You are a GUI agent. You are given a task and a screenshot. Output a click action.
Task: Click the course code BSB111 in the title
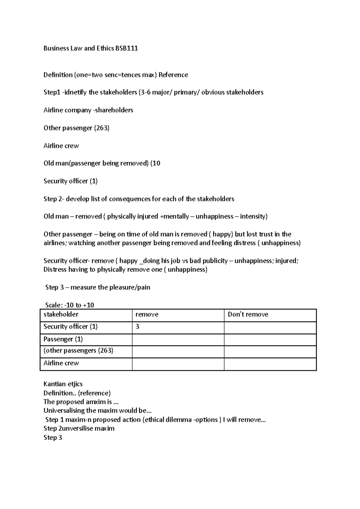(x=126, y=48)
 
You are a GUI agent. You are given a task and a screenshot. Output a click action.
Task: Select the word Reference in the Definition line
(x=173, y=75)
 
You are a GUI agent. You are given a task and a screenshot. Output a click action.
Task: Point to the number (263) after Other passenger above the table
(x=102, y=128)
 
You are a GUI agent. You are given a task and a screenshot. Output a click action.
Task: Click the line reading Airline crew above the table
(x=61, y=146)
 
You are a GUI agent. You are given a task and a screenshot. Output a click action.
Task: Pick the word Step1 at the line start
(x=52, y=92)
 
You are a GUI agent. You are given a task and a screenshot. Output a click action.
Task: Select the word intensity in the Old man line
(x=253, y=216)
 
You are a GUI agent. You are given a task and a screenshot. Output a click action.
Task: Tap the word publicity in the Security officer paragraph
(x=215, y=261)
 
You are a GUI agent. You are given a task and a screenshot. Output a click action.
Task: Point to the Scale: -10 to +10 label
(x=70, y=305)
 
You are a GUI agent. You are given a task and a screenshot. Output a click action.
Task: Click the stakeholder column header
(x=61, y=314)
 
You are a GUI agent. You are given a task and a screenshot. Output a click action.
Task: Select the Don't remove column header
(x=248, y=314)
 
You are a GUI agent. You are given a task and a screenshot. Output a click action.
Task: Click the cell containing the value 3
(x=178, y=327)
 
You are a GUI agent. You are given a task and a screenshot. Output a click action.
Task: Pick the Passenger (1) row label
(x=63, y=339)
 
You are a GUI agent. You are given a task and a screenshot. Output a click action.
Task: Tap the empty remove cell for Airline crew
(x=178, y=364)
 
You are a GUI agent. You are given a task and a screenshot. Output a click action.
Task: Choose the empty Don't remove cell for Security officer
(x=270, y=327)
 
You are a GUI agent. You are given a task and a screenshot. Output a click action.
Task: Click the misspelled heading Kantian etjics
(x=63, y=384)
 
